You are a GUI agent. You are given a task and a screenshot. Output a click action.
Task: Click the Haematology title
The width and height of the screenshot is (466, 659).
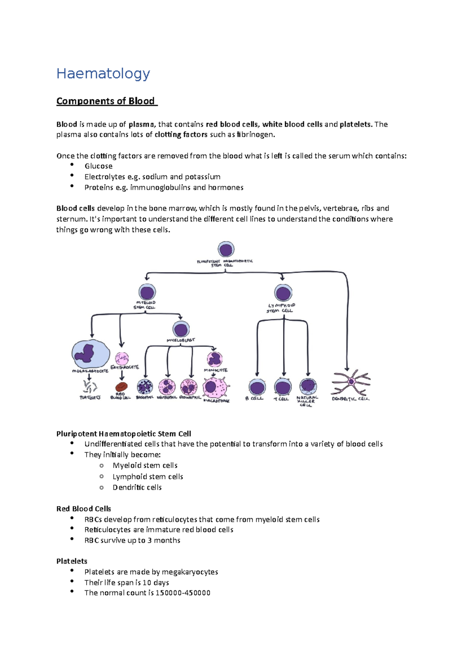103,73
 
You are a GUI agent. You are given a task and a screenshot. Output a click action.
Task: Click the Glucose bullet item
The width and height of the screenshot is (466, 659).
99,166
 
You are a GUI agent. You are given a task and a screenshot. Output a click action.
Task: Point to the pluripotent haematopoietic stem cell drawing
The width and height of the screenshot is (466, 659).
226,250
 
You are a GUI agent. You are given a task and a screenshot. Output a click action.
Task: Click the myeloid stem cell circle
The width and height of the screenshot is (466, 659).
147,292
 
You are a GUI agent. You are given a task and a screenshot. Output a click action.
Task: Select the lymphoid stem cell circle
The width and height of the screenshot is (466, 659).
283,293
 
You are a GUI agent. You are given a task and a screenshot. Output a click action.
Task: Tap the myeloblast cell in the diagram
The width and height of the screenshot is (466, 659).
181,329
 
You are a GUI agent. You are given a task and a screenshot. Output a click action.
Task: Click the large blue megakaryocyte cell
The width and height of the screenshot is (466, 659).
90,354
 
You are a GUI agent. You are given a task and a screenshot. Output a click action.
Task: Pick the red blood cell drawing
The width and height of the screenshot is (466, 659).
122,387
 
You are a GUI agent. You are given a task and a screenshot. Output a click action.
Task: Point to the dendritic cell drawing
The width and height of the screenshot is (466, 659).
351,383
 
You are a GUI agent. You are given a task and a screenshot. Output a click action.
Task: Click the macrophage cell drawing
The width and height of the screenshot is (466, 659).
214,387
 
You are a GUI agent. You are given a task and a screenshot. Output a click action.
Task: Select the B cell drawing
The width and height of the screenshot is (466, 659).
257,387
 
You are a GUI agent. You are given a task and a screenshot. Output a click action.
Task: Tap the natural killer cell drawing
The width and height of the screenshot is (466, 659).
308,386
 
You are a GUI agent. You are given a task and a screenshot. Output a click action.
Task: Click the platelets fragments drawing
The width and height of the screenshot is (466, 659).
90,387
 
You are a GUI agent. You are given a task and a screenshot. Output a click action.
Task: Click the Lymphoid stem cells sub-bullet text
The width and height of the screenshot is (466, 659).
148,477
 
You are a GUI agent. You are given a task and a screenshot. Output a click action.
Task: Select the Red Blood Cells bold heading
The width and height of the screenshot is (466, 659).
83,509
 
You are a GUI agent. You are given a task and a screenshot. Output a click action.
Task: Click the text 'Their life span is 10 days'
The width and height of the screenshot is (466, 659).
127,583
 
